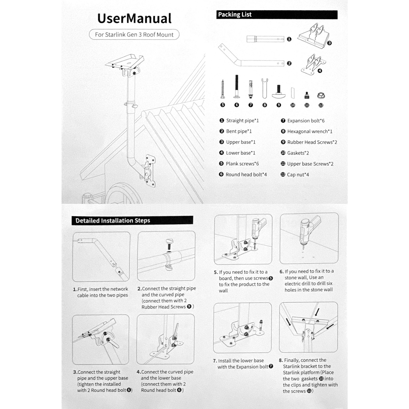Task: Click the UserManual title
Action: (x=134, y=18)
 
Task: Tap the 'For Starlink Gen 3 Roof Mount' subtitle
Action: (x=134, y=35)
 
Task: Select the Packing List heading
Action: (x=235, y=15)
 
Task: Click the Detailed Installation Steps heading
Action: (x=113, y=220)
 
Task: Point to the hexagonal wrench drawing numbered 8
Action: (x=265, y=88)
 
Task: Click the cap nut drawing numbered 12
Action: (x=321, y=96)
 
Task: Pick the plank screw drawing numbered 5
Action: (x=223, y=89)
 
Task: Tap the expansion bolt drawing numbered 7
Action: (x=251, y=89)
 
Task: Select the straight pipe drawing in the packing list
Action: (x=265, y=39)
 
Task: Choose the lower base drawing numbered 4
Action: (x=313, y=64)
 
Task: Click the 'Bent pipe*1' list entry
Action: (x=239, y=131)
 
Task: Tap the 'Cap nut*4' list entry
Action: (x=298, y=175)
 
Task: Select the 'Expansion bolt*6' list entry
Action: (x=306, y=121)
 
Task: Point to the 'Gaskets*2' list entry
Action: (x=298, y=153)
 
